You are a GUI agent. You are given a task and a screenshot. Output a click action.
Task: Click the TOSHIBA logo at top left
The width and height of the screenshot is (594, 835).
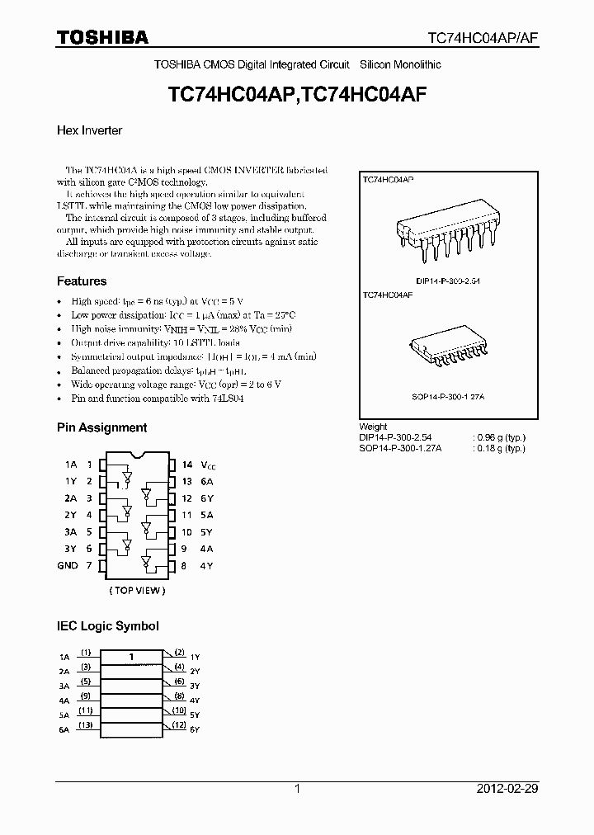pyautogui.click(x=102, y=37)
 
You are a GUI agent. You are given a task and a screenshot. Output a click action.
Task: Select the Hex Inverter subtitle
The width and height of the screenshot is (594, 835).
pyautogui.click(x=89, y=130)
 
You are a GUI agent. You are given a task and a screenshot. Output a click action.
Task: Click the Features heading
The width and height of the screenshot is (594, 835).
pyautogui.click(x=81, y=281)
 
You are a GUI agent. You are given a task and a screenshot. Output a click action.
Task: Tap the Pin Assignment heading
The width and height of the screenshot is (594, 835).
pyautogui.click(x=101, y=427)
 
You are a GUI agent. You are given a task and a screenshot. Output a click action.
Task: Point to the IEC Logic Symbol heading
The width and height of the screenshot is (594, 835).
pyautogui.click(x=107, y=626)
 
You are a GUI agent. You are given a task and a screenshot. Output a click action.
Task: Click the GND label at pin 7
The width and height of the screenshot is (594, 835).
pyautogui.click(x=68, y=565)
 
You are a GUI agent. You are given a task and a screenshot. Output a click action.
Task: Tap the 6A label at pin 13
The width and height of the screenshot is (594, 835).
pyautogui.click(x=209, y=482)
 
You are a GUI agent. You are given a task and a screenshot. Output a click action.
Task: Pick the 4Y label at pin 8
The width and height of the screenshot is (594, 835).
pyautogui.click(x=209, y=565)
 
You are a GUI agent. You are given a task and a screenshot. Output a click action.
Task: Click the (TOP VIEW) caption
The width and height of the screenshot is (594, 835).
pyautogui.click(x=137, y=590)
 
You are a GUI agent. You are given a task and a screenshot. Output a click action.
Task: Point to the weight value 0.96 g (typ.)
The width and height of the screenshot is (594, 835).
pyautogui.click(x=500, y=437)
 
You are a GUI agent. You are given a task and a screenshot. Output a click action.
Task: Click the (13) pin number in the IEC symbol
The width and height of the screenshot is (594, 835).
pyautogui.click(x=85, y=725)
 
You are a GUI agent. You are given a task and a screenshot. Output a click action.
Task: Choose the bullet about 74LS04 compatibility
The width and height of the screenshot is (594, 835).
pyautogui.click(x=157, y=399)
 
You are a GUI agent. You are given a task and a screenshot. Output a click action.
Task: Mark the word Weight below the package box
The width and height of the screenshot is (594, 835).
pyautogui.click(x=374, y=427)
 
